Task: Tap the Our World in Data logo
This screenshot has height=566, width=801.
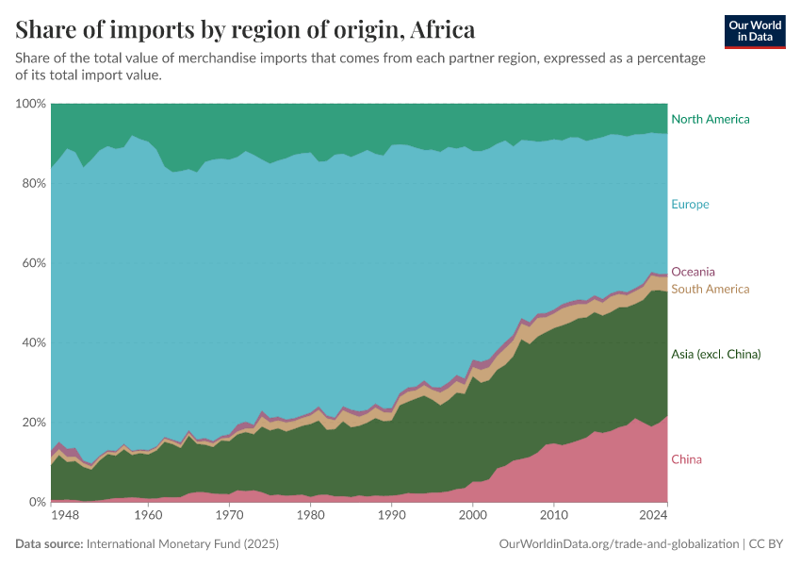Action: pyautogui.click(x=755, y=31)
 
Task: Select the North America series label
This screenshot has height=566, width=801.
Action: pyautogui.click(x=710, y=119)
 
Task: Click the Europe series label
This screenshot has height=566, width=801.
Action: pyautogui.click(x=690, y=204)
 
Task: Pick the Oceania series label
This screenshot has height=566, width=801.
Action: pyautogui.click(x=693, y=272)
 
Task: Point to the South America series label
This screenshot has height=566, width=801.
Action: pyautogui.click(x=710, y=289)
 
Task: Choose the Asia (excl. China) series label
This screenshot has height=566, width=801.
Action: pyautogui.click(x=715, y=354)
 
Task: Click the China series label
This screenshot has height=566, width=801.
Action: pyautogui.click(x=686, y=459)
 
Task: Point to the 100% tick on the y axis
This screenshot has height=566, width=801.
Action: pyautogui.click(x=30, y=103)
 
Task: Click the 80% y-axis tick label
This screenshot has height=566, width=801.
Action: pyautogui.click(x=33, y=183)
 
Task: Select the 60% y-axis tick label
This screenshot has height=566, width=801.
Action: pyautogui.click(x=33, y=262)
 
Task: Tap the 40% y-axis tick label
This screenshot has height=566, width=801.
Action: pyautogui.click(x=33, y=342)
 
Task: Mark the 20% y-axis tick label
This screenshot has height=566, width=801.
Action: pyautogui.click(x=33, y=422)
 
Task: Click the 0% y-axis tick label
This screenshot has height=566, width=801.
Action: pyautogui.click(x=36, y=502)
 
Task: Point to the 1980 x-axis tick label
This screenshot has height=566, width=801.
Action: pyautogui.click(x=310, y=516)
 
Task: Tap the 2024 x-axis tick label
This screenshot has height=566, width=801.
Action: pyautogui.click(x=654, y=516)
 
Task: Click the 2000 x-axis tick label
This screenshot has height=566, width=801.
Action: pyautogui.click(x=473, y=516)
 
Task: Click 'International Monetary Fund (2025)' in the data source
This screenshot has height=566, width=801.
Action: pyautogui.click(x=182, y=544)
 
